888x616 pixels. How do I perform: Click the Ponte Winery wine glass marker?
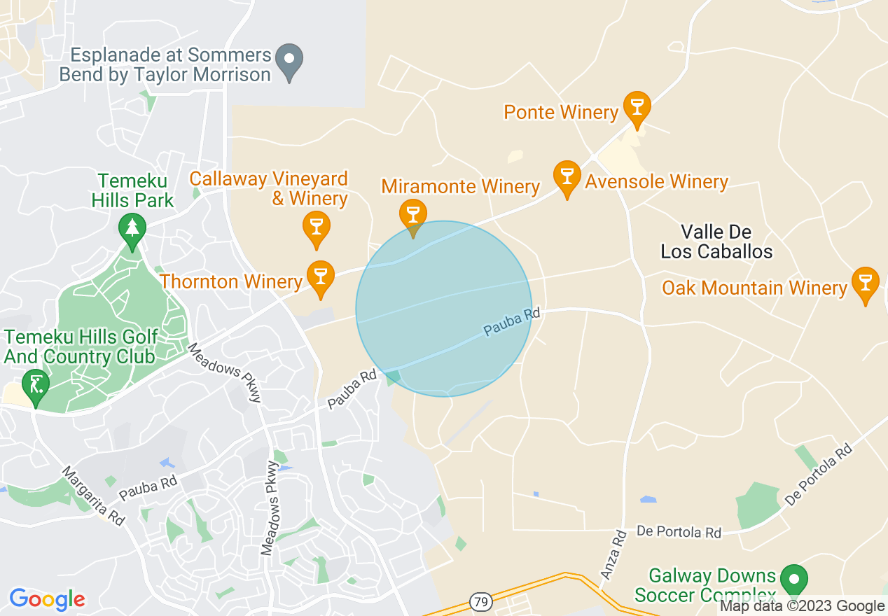click(x=637, y=108)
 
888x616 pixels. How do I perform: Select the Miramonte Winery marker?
click(x=412, y=215)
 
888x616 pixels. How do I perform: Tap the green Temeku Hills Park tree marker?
click(x=132, y=230)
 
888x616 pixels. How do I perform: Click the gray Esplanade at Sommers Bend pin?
click(x=289, y=60)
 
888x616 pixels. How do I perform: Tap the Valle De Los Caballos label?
click(x=716, y=241)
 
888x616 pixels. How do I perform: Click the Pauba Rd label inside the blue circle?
click(x=512, y=321)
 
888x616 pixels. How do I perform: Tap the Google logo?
click(x=47, y=599)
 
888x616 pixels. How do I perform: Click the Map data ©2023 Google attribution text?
click(x=803, y=606)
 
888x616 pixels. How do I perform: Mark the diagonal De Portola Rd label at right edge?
click(x=818, y=474)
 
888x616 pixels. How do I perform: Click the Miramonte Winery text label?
click(x=460, y=187)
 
